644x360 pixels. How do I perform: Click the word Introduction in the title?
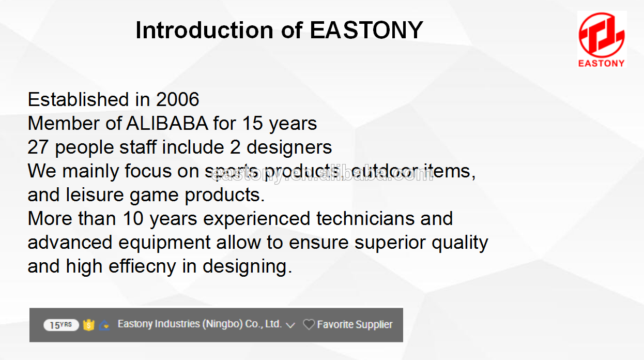point(204,30)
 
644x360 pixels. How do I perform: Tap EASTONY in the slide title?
point(366,30)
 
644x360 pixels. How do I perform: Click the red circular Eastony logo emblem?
point(602,35)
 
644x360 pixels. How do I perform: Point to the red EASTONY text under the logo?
point(602,63)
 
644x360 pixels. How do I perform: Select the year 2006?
point(177,99)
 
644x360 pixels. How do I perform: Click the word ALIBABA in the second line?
point(167,124)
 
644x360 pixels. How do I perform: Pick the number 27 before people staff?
point(38,147)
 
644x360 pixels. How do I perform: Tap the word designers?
point(289,147)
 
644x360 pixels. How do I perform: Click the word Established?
point(78,99)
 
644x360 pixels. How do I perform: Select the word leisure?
point(95,195)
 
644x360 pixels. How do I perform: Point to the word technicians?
point(365,218)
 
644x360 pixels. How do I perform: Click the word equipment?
point(164,242)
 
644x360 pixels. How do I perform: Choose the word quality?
point(459,242)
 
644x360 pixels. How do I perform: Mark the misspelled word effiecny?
point(142,266)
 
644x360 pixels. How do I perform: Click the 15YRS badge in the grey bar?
point(61,325)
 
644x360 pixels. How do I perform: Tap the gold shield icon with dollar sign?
point(89,325)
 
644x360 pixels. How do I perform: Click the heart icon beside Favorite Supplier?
point(309,325)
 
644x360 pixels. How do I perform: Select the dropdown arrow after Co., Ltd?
point(290,325)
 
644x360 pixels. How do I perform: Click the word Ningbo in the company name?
point(223,324)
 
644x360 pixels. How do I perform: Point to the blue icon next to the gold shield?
point(104,325)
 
